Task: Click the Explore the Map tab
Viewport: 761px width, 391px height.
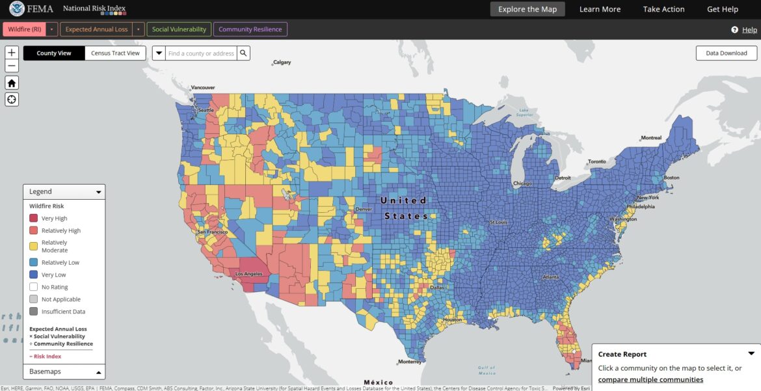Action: click(527, 9)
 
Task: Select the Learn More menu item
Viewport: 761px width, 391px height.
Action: click(600, 9)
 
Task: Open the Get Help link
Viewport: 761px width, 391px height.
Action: click(722, 9)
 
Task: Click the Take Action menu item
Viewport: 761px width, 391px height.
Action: click(663, 9)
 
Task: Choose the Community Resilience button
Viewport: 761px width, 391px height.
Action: click(250, 29)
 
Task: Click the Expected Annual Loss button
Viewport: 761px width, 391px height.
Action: click(96, 29)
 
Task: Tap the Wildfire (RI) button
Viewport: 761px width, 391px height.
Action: click(25, 29)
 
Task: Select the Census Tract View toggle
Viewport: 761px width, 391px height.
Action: click(115, 53)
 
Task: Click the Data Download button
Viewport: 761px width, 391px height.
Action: click(726, 53)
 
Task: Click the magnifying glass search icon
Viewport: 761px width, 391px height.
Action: click(243, 53)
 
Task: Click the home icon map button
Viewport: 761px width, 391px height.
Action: click(12, 83)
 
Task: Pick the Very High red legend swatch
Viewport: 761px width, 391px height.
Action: click(34, 219)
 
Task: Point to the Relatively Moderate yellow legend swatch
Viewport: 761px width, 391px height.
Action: click(34, 246)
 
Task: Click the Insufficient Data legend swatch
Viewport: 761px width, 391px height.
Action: click(34, 312)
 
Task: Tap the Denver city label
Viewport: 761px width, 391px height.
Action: click(364, 209)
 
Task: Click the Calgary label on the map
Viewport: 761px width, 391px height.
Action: click(282, 62)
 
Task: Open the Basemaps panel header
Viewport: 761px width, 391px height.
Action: click(64, 371)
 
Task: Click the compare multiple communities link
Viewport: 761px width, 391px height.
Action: click(650, 379)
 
